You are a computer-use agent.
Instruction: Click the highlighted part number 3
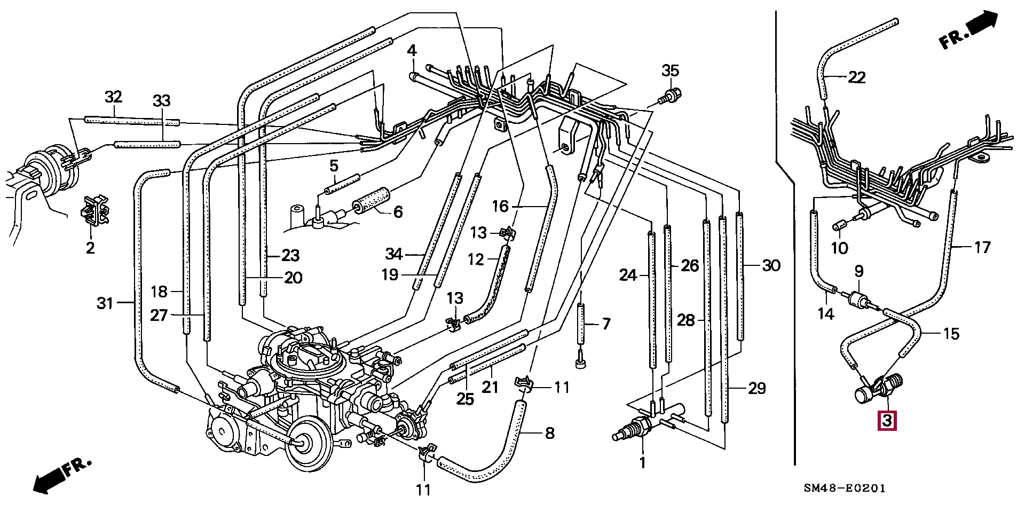pos(887,421)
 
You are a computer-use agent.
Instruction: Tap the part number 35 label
pos(671,70)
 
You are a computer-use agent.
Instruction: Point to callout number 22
pos(856,78)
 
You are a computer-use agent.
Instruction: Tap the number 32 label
pos(113,97)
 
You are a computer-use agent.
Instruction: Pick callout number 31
pos(105,303)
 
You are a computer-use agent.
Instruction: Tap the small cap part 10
pos(839,226)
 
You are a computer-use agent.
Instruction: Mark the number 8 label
pos(549,433)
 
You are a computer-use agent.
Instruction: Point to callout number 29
pos(756,388)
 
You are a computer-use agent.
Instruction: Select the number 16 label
pos(500,206)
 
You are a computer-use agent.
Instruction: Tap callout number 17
pos(982,247)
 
